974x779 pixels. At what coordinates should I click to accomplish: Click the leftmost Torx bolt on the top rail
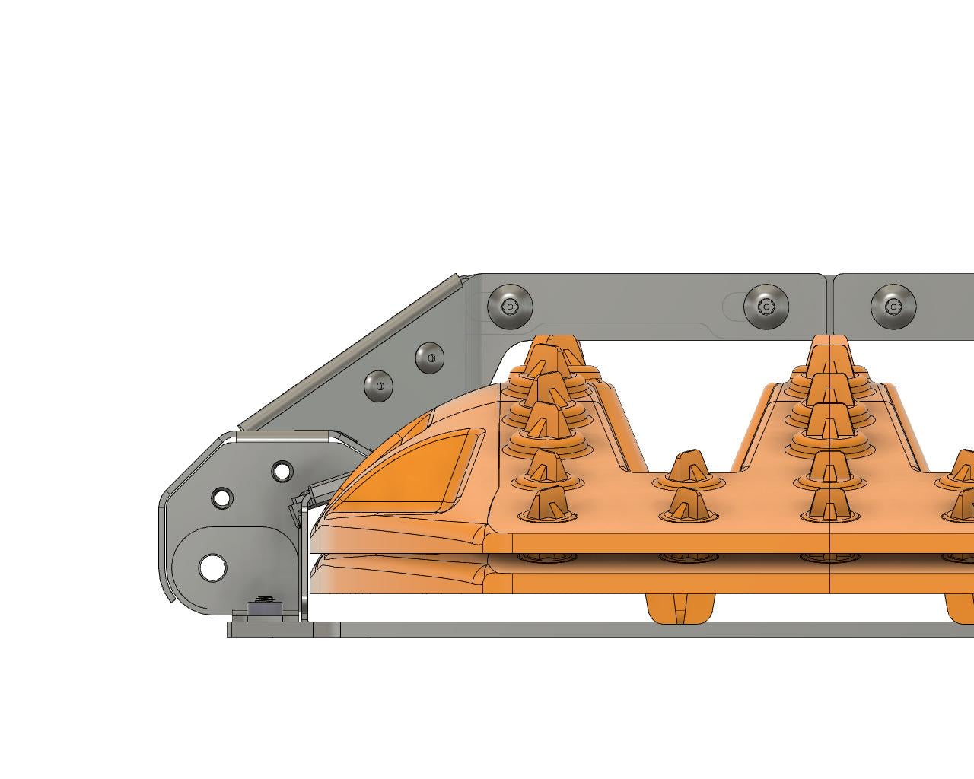tap(510, 306)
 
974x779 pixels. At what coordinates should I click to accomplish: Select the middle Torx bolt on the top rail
tap(766, 306)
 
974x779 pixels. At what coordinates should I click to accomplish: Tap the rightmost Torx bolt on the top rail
tap(893, 306)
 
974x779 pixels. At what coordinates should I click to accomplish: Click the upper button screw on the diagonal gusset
tap(429, 357)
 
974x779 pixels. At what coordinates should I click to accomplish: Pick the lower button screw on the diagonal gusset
tap(378, 386)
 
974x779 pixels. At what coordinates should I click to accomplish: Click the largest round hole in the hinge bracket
tap(212, 568)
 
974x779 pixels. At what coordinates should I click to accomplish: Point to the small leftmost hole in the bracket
tap(222, 498)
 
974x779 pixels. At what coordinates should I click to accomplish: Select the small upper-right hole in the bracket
tap(282, 471)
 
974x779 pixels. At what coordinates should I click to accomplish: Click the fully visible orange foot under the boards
tap(680, 609)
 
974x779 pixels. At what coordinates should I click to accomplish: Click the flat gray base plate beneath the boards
tap(609, 629)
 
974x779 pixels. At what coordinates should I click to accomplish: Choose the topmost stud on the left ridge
tap(549, 351)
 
